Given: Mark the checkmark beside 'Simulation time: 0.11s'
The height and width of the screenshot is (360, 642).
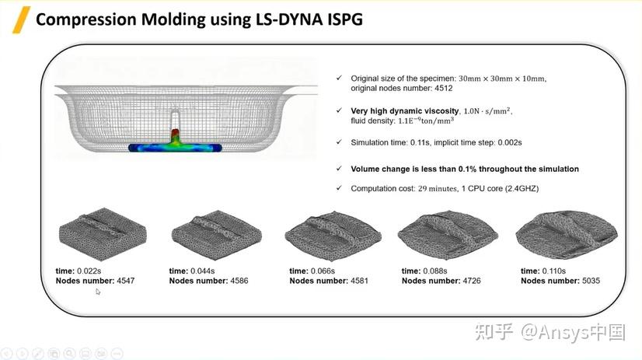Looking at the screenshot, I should tap(338, 142).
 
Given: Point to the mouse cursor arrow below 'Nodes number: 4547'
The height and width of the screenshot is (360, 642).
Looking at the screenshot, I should tap(97, 292).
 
